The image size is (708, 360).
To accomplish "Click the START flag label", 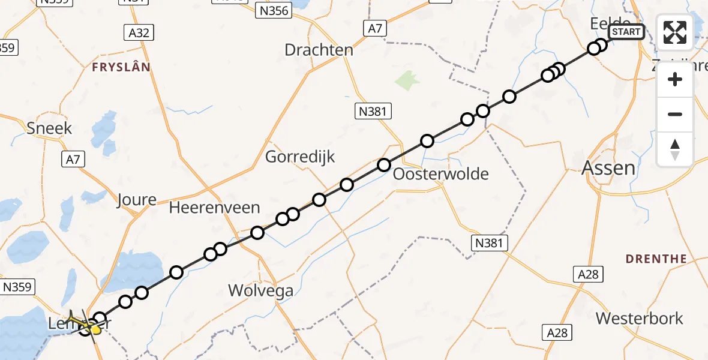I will [x=626, y=32].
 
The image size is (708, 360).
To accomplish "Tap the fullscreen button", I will [x=675, y=32].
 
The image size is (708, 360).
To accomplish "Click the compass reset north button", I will [x=675, y=149].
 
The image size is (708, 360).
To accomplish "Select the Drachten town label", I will [x=319, y=50].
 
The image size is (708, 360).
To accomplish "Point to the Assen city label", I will [x=608, y=168].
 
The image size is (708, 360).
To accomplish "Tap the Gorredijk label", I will [x=300, y=157].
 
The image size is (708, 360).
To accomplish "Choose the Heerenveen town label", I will [x=215, y=208].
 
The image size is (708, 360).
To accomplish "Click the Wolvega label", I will [x=261, y=292].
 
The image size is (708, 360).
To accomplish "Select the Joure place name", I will [x=137, y=200].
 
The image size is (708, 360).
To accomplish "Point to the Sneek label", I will [x=49, y=128].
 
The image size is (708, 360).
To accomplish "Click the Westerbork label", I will [x=640, y=318].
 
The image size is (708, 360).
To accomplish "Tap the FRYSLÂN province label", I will [x=121, y=67].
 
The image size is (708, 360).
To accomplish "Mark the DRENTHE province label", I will [x=656, y=259].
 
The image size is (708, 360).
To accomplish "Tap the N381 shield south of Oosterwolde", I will [x=490, y=242].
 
